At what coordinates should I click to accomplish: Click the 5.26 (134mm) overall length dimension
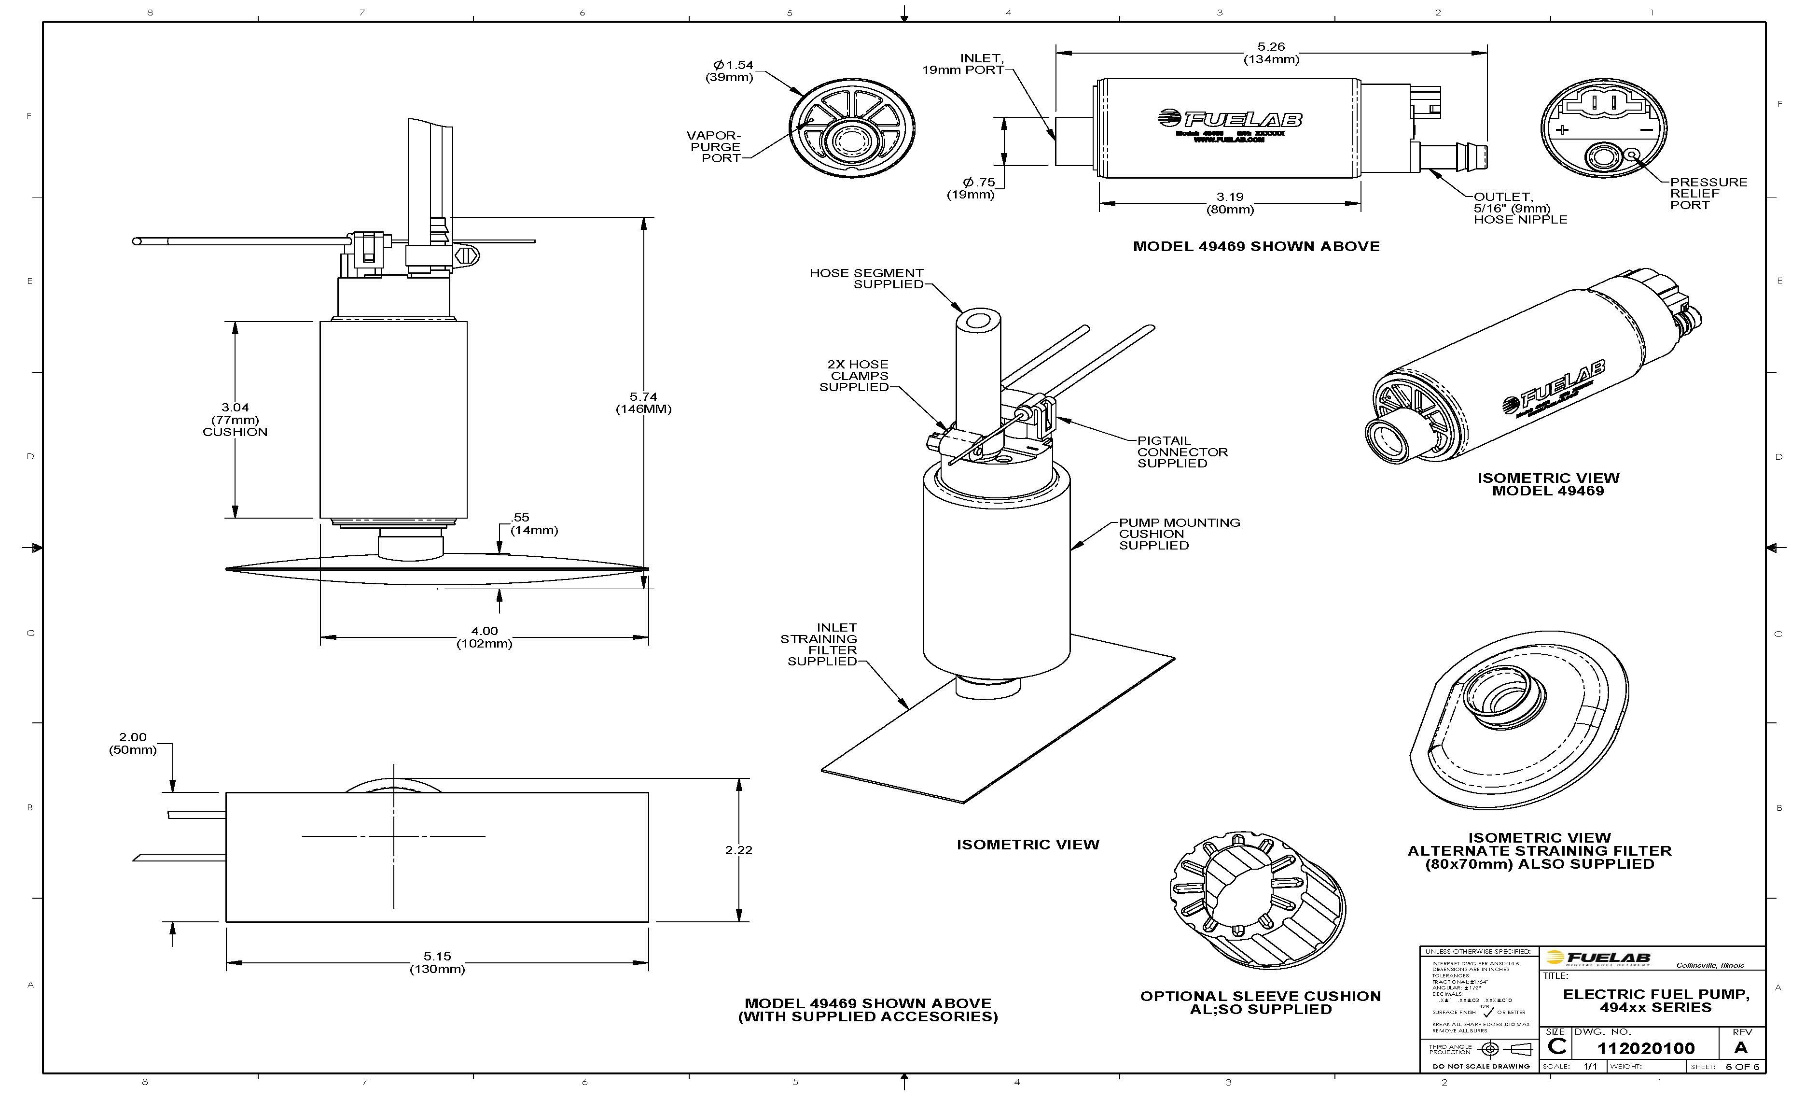tap(1270, 53)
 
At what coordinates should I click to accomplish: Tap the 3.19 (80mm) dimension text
tap(1229, 203)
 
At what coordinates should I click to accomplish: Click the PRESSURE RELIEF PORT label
tap(1708, 194)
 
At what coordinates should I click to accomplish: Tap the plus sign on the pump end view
tap(1562, 130)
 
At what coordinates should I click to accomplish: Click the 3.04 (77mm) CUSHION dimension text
tap(235, 419)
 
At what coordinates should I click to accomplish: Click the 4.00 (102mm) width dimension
tap(484, 637)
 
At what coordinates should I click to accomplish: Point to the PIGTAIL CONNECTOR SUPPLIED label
tap(1181, 451)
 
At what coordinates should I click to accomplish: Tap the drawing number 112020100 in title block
tap(1645, 1048)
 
